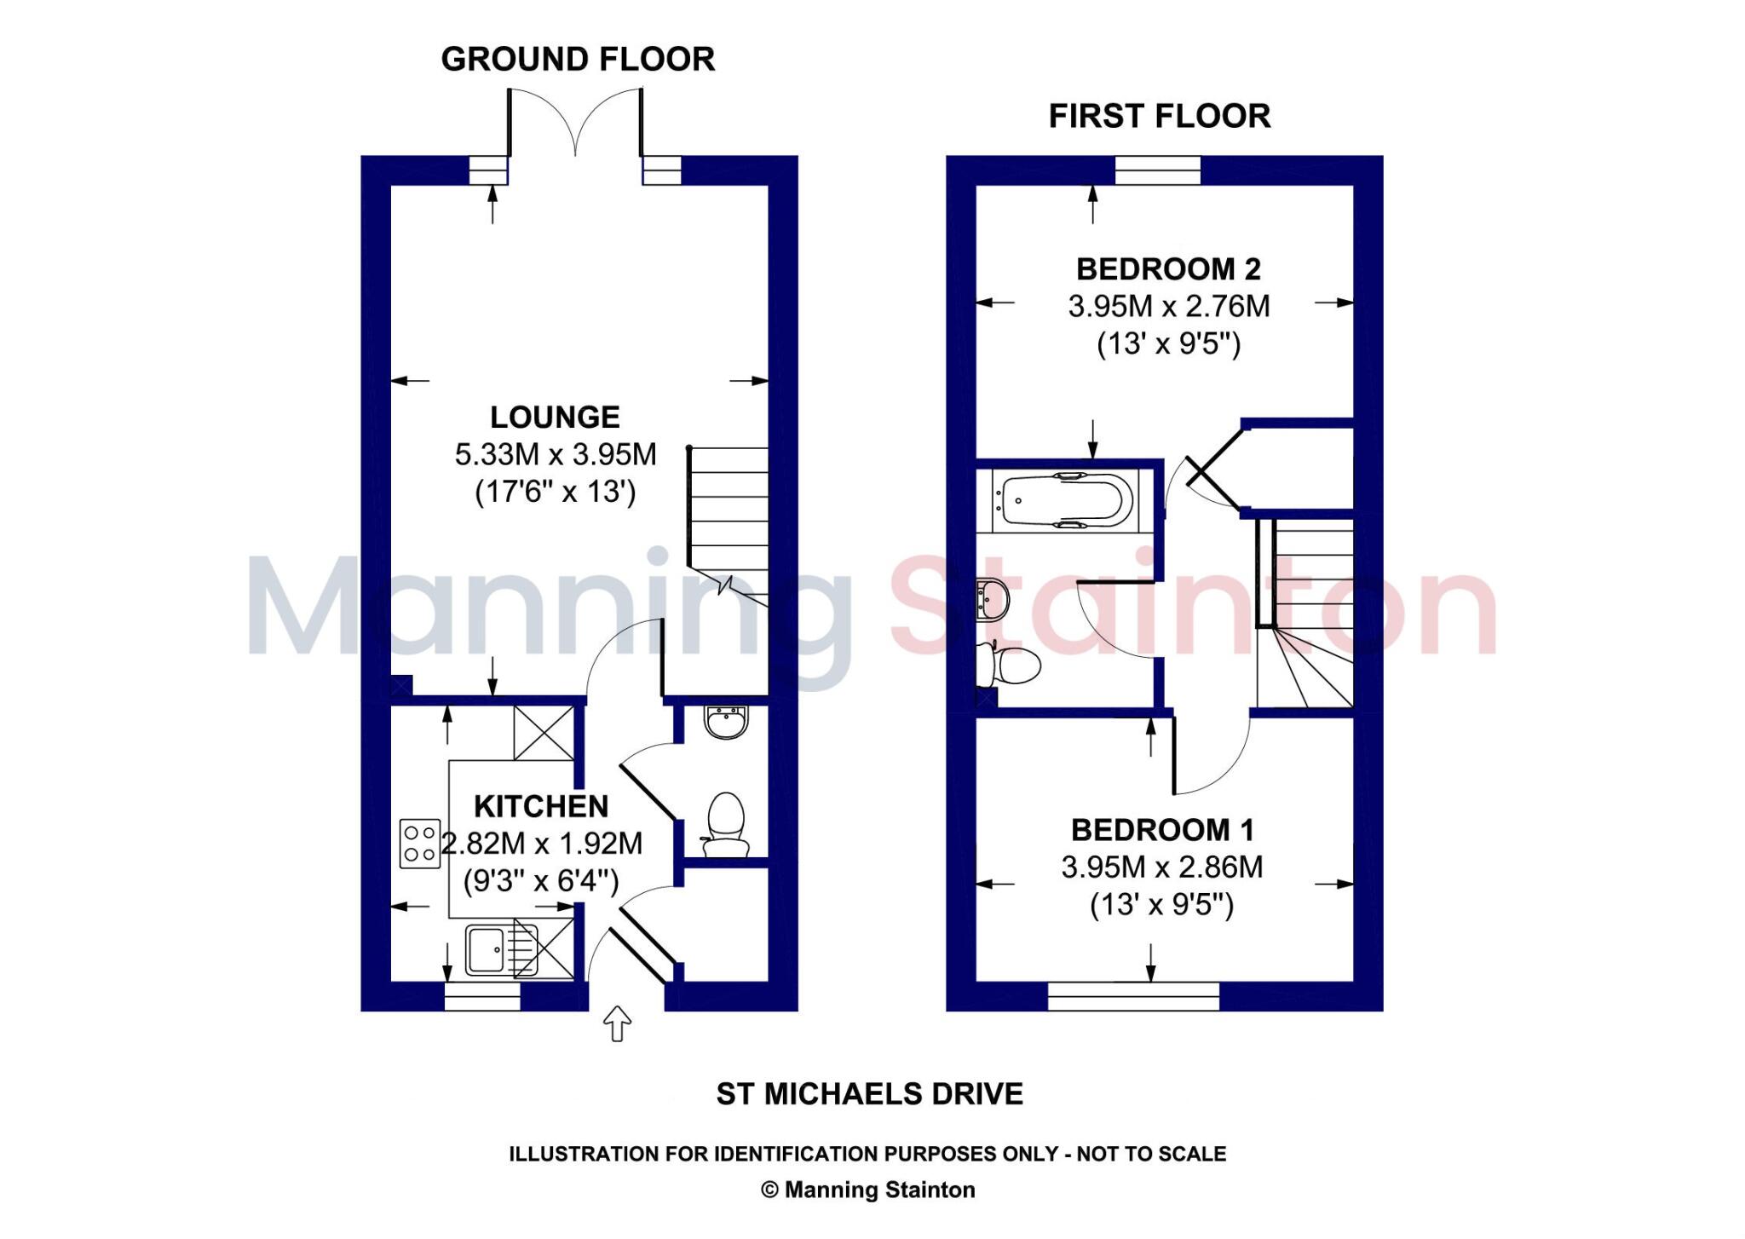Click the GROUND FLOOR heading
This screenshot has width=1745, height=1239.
point(578,59)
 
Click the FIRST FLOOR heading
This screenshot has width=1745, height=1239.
point(1159,116)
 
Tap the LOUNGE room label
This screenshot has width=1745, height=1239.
point(555,417)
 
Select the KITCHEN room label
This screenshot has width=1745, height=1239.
point(541,806)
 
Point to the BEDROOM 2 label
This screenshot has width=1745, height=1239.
point(1168,269)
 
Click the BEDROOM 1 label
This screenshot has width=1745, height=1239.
point(1162,830)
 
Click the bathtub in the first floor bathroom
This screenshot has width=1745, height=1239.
point(1068,500)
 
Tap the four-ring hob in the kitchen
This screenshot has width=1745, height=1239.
point(420,844)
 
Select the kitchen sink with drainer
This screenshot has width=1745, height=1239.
point(503,949)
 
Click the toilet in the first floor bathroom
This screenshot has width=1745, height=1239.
point(1011,665)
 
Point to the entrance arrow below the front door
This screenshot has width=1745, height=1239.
point(617,1023)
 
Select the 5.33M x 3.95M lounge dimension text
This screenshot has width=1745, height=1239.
point(556,455)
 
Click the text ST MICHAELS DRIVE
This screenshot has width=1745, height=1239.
point(869,1094)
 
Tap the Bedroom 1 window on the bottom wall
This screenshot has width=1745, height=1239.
point(1133,996)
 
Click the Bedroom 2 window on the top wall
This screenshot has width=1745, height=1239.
point(1157,170)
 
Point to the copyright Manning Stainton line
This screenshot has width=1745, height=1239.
point(867,1190)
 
